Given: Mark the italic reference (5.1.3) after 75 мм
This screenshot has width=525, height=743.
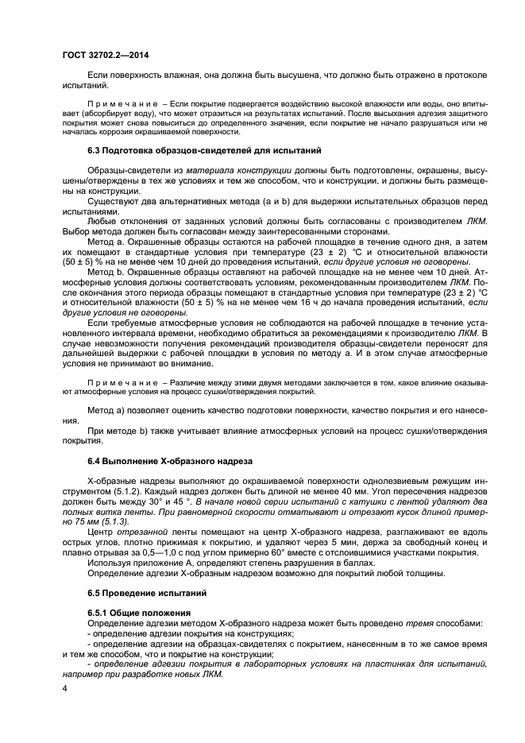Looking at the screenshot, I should point(110,521).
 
